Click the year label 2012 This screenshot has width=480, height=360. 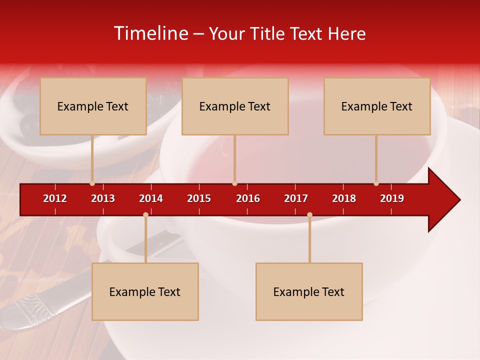[55, 198]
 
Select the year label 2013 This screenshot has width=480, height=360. [103, 198]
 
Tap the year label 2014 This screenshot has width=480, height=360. [151, 198]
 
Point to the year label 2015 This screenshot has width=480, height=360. [199, 198]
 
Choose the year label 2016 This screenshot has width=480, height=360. [248, 198]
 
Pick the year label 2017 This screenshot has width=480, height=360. [296, 198]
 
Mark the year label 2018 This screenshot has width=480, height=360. [344, 198]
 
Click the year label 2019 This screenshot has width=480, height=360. [392, 198]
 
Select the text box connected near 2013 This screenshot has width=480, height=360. [93, 106]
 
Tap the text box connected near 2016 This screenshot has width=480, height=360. [235, 106]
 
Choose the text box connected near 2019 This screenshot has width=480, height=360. [377, 106]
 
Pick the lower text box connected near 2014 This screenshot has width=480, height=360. [145, 291]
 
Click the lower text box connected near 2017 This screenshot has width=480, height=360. [309, 291]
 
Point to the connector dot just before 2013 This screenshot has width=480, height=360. [92, 183]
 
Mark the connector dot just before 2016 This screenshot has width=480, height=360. [234, 183]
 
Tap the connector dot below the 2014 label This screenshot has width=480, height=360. [145, 214]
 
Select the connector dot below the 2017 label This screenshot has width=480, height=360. [309, 214]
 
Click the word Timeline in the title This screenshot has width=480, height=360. [150, 33]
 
